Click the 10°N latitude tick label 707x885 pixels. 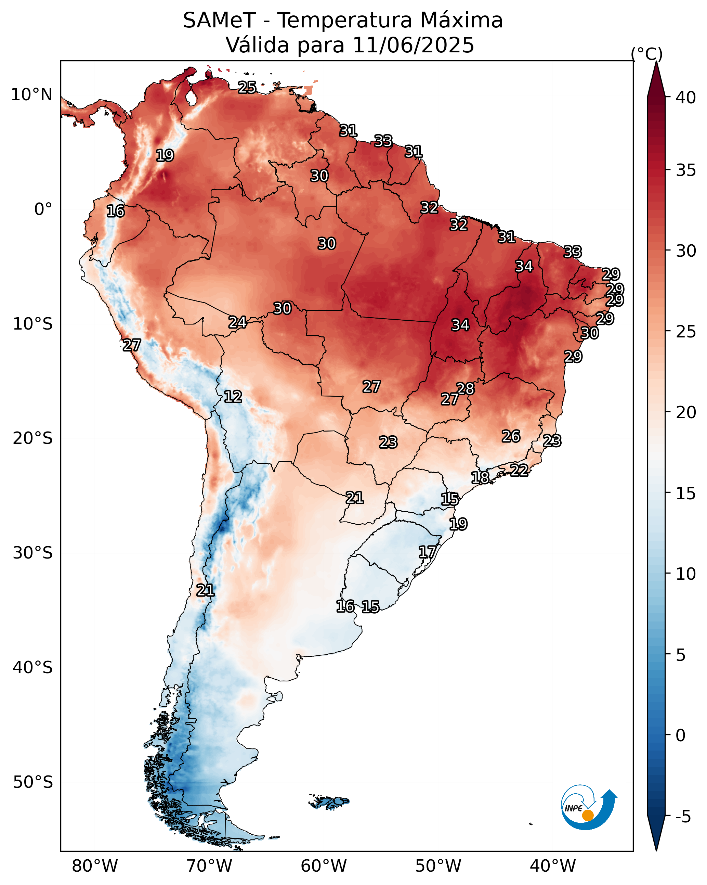31,95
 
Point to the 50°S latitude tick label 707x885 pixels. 33,782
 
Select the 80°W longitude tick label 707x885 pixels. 95,866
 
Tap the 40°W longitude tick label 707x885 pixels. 553,866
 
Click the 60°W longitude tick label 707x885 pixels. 324,866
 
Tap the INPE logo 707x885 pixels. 589,807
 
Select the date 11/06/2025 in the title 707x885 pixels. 413,45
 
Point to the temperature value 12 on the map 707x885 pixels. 233,397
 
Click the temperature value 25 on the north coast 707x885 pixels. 247,87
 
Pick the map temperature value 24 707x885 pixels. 238,322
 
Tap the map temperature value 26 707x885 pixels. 511,436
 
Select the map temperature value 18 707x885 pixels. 480,477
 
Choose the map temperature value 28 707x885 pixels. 465,388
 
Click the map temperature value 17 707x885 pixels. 428,552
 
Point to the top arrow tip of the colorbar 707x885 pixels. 656,62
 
